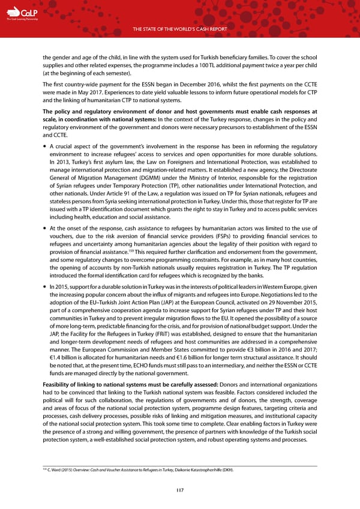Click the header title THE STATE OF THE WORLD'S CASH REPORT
(x=179, y=28)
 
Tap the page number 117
(x=179, y=490)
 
